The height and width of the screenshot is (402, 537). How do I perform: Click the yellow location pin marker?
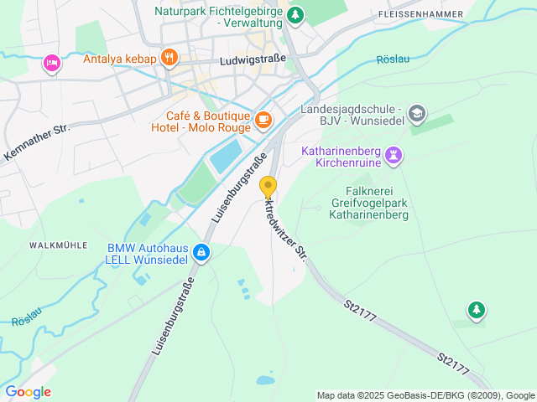coord(268,188)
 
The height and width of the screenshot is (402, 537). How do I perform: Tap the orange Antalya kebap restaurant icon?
coord(169,58)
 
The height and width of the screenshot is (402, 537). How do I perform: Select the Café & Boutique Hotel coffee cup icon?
coord(263,121)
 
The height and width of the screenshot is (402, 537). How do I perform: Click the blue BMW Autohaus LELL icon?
coord(201,251)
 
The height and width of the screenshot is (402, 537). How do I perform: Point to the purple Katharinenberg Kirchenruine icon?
coord(394,155)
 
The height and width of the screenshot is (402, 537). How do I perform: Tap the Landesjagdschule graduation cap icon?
coord(418,113)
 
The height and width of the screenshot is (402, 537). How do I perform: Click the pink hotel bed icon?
coord(52,63)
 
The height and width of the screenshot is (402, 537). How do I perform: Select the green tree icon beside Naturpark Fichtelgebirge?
coord(295,14)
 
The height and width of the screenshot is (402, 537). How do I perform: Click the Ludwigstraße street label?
coord(252,61)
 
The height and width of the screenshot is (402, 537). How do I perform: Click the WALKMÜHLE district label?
coord(59,245)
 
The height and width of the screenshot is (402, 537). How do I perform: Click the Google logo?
coord(28,391)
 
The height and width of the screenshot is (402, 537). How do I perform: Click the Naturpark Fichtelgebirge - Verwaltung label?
coord(220,17)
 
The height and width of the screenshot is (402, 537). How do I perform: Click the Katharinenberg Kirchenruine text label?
coord(341,155)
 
